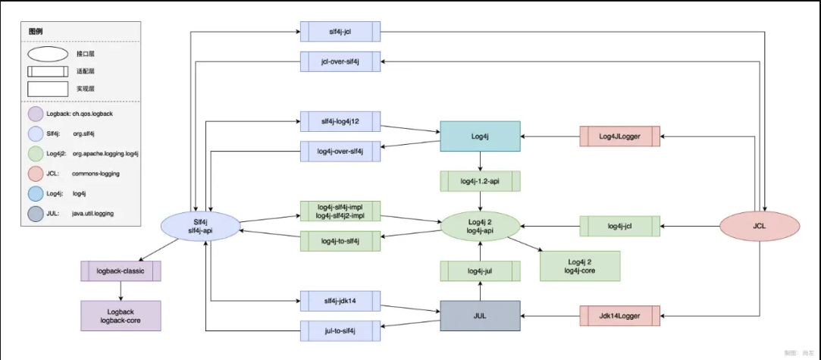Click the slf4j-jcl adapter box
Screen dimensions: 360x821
pos(340,31)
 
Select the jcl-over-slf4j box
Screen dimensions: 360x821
pos(340,61)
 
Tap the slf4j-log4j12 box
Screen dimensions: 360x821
pos(340,121)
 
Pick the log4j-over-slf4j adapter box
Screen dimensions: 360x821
pos(340,151)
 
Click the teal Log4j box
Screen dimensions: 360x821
pos(480,136)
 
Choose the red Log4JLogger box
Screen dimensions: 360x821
pos(619,136)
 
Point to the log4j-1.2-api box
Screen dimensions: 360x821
pos(480,181)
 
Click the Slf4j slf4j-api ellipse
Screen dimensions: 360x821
pos(201,225)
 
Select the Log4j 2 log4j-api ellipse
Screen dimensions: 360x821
pos(480,225)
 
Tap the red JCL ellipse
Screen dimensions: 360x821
pos(759,225)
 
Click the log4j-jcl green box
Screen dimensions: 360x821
pos(619,225)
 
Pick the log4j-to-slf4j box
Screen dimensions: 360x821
pos(340,241)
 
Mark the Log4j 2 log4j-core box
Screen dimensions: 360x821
pos(579,265)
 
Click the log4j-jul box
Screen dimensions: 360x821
pos(480,271)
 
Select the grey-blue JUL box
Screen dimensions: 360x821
pos(480,315)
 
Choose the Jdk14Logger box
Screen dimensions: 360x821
pos(619,315)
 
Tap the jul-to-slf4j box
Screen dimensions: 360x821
pos(340,330)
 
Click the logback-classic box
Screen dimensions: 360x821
pos(121,271)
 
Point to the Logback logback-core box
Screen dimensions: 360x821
pos(121,315)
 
